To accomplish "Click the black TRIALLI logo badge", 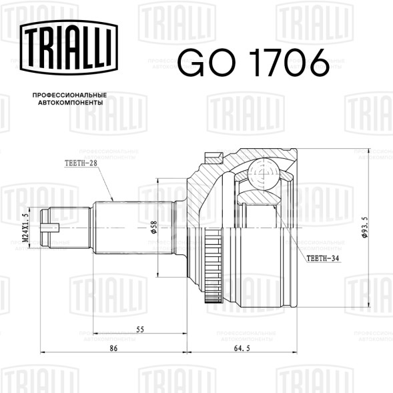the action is point(69,47).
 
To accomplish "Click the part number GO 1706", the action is point(254,63).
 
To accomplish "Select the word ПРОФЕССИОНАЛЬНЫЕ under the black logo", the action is point(69,95).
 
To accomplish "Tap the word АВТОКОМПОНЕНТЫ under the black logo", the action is point(71,103).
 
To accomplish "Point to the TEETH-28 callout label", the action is point(81,163).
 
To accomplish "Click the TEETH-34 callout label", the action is point(323,258).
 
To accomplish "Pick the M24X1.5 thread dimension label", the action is point(25,228).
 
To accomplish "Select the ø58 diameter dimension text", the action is point(153,227).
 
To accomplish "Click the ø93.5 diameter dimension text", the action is point(365,227).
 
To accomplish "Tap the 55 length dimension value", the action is point(140,330).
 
